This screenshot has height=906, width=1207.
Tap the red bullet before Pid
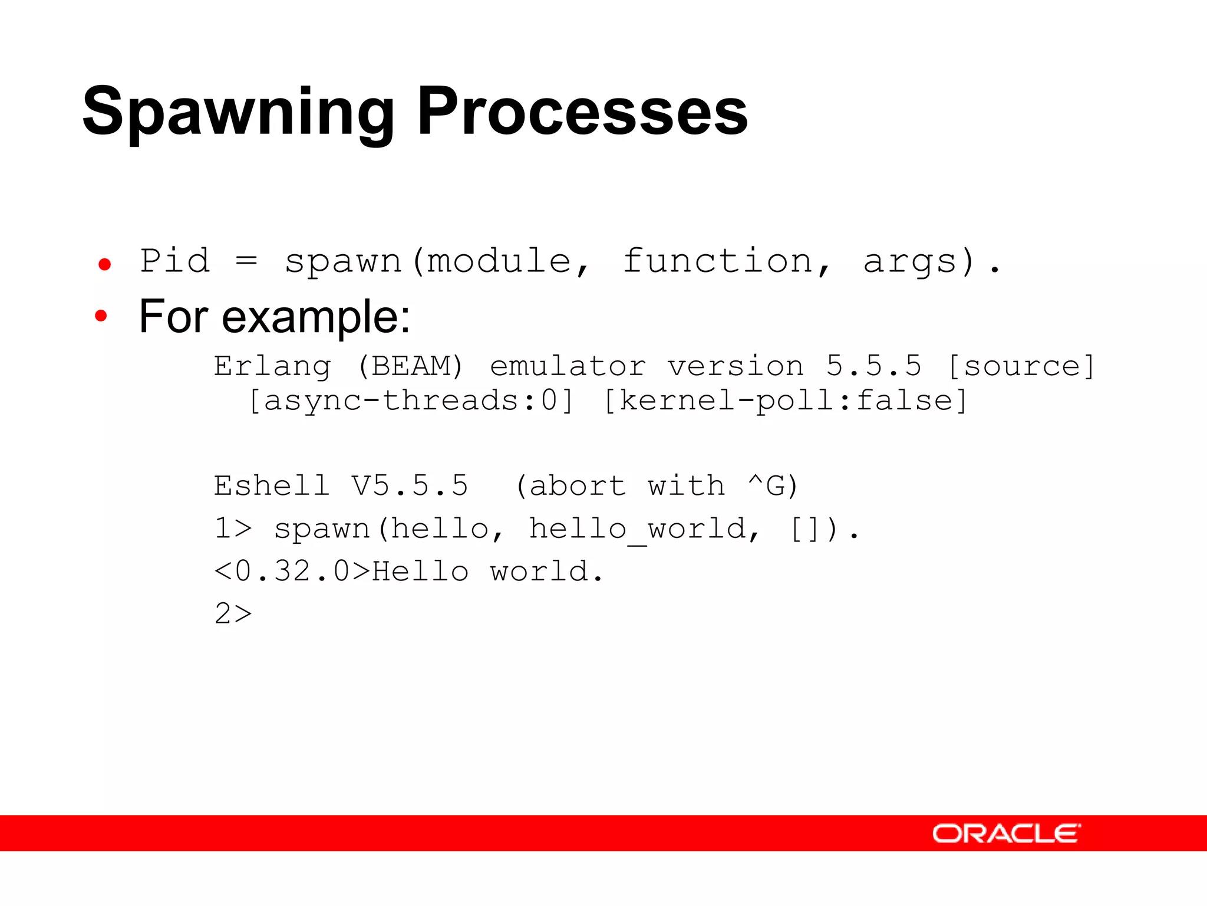pyautogui.click(x=105, y=264)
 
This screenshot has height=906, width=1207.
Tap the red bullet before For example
pyautogui.click(x=101, y=316)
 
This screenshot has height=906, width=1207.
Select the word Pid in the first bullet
pyautogui.click(x=175, y=261)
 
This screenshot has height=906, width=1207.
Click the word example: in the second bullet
pyautogui.click(x=316, y=317)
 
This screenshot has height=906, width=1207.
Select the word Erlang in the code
pyautogui.click(x=272, y=367)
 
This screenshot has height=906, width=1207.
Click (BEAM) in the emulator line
pyautogui.click(x=411, y=366)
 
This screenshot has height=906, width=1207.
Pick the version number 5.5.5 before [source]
pyautogui.click(x=873, y=366)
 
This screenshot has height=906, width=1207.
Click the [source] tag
pyautogui.click(x=1021, y=366)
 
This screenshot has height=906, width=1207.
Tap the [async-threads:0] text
pyautogui.click(x=411, y=401)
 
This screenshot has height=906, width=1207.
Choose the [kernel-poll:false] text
pyautogui.click(x=785, y=401)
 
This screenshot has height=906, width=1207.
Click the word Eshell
pyautogui.click(x=272, y=486)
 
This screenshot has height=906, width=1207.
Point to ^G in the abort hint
pyautogui.click(x=766, y=486)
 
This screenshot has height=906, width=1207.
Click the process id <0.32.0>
pyautogui.click(x=292, y=572)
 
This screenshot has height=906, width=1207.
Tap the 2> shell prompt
pyautogui.click(x=233, y=614)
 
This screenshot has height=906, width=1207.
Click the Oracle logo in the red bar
pyautogui.click(x=1007, y=833)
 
